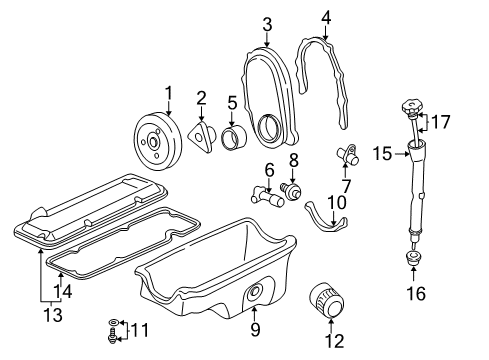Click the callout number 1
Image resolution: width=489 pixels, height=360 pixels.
[x=169, y=93]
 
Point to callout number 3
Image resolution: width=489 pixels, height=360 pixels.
[x=268, y=23]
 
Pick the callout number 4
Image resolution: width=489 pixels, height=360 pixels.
[x=327, y=18]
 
